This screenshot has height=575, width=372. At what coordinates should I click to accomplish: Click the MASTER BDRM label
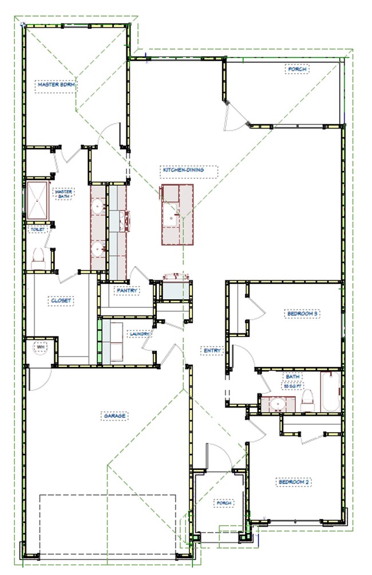coord(57,85)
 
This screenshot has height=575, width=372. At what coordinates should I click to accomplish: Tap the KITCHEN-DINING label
coord(183,170)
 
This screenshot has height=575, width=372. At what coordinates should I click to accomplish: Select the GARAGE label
coord(114,416)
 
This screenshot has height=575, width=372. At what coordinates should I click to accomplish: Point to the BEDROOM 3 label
coord(302,314)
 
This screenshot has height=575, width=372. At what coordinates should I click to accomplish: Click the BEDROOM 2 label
coord(294,482)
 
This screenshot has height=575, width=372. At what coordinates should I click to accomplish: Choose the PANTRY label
coord(127,291)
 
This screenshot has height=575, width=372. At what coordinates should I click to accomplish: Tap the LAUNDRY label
coord(140,334)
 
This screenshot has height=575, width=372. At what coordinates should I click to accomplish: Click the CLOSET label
coord(61,300)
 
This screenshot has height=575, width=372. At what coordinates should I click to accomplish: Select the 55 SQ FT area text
coord(292,386)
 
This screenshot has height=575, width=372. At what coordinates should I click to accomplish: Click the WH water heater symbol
coord(41,347)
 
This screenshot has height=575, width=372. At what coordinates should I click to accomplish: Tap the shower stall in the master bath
coord(37,201)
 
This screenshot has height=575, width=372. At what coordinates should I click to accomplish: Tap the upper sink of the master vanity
coord(98,205)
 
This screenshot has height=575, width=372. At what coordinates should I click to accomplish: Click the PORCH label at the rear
coord(297,69)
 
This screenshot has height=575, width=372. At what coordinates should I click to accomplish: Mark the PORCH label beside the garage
coord(224,503)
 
